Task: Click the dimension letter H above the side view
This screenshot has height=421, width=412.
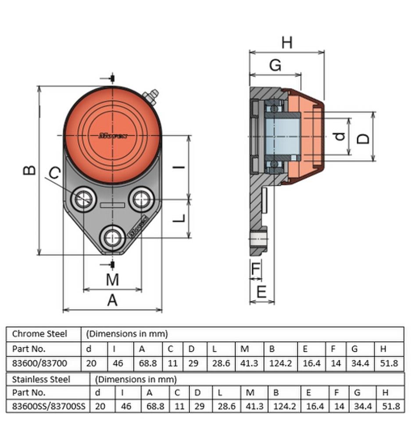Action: click(x=287, y=43)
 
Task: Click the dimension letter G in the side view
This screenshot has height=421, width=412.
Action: click(x=275, y=65)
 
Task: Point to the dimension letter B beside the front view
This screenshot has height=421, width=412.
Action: click(x=29, y=170)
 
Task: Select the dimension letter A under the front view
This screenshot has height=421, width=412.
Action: click(x=112, y=300)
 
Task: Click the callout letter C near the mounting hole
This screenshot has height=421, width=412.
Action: click(x=55, y=172)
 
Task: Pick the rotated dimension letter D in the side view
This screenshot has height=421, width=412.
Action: click(x=363, y=139)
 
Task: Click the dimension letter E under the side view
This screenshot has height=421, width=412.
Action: click(x=262, y=292)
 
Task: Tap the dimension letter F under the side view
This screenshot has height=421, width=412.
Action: click(x=256, y=268)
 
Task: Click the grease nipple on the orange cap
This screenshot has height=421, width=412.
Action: click(x=151, y=96)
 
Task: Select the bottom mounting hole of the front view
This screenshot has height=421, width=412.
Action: click(x=112, y=238)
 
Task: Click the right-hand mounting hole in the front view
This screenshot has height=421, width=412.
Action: click(x=141, y=199)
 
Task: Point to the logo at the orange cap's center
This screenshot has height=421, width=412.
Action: click(x=113, y=136)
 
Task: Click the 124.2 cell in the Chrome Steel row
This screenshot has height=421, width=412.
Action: click(x=280, y=363)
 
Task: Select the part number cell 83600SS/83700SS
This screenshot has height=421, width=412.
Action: click(x=49, y=406)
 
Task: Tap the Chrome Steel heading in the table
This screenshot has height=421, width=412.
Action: click(x=39, y=334)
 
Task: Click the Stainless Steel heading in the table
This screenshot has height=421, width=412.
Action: click(x=41, y=379)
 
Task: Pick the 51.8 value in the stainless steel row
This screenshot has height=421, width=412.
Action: click(x=391, y=406)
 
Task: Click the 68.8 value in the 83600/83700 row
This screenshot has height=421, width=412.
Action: click(x=148, y=363)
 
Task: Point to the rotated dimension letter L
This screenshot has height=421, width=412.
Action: click(x=179, y=218)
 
